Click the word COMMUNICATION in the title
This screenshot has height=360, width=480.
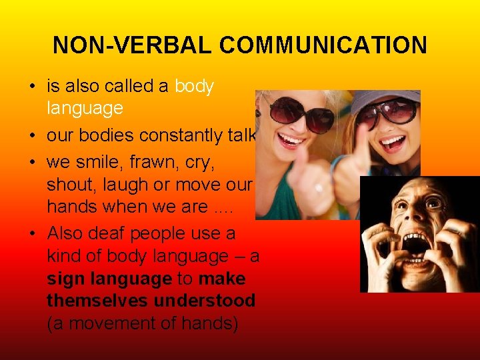click(323, 45)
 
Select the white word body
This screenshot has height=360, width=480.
click(194, 86)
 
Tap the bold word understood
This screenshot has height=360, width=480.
click(204, 301)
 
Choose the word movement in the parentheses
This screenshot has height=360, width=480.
click(121, 323)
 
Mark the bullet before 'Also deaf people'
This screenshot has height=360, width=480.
click(33, 234)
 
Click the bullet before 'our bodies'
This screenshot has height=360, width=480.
click(33, 136)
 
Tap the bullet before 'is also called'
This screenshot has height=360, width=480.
click(33, 87)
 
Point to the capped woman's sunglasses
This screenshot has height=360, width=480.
click(393, 113)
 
